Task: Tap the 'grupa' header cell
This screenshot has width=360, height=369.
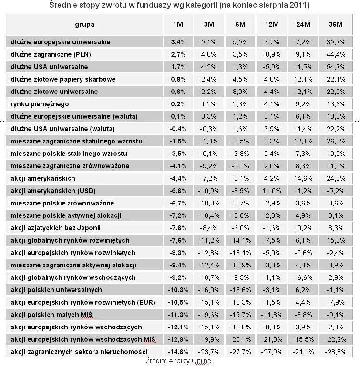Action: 84,24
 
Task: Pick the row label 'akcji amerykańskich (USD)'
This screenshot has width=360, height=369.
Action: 52,191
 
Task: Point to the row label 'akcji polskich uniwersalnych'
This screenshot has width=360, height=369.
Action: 56,290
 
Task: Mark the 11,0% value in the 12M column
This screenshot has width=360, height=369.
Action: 272,191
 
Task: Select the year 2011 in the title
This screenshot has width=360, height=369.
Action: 298,6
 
